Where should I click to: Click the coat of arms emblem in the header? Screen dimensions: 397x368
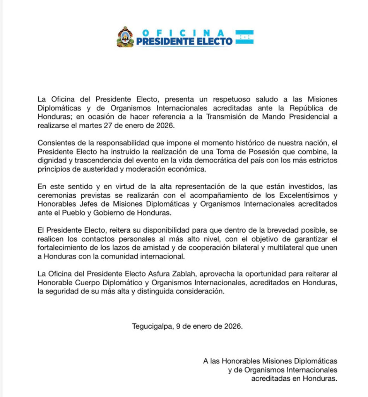(125, 37)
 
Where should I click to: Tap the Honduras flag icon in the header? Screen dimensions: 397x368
(245, 37)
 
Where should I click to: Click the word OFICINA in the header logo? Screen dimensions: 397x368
(184, 33)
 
